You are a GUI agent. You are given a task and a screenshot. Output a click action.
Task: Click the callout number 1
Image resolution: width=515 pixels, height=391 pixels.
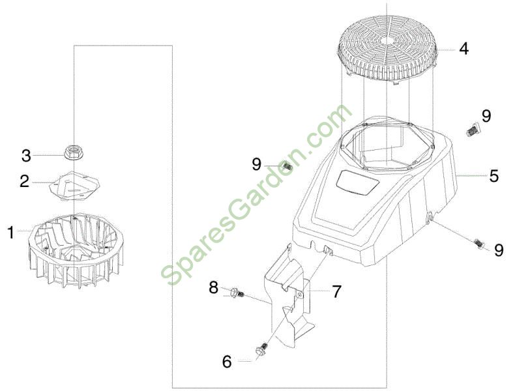[x=10, y=233]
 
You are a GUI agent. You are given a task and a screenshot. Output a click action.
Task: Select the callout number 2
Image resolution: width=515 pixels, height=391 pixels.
[x=24, y=181]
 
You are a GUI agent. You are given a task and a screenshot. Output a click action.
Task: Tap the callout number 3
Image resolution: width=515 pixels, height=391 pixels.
[x=26, y=156]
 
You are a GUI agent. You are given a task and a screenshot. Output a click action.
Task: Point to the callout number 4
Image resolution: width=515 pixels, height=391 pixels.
[x=463, y=49]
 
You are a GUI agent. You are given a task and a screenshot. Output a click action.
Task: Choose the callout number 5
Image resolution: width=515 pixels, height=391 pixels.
[x=493, y=176]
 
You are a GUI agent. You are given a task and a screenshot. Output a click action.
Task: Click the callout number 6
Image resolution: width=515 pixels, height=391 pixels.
[x=227, y=362]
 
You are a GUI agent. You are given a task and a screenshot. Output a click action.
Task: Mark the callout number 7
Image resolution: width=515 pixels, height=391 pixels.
[x=336, y=291]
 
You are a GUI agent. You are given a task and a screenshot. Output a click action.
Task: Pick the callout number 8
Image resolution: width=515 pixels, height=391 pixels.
[x=213, y=288]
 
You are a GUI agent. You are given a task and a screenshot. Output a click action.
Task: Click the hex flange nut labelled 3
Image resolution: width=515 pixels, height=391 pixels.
[x=74, y=152]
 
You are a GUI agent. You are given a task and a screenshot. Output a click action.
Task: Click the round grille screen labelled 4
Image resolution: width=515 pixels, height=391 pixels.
[x=389, y=52]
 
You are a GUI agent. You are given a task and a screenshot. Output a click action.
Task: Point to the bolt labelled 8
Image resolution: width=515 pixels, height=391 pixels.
[x=237, y=292]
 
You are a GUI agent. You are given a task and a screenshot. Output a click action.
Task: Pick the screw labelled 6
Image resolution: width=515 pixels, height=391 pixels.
[x=262, y=349]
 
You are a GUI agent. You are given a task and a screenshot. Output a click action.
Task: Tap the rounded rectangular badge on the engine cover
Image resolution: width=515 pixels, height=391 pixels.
[x=358, y=182]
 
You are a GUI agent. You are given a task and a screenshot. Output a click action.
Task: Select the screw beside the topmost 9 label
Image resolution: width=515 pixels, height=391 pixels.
[x=472, y=129]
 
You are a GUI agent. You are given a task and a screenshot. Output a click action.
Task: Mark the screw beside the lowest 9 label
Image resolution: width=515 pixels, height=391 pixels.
[x=480, y=243]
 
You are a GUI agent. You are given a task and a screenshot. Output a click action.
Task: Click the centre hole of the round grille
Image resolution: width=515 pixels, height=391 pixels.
[x=389, y=40]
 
